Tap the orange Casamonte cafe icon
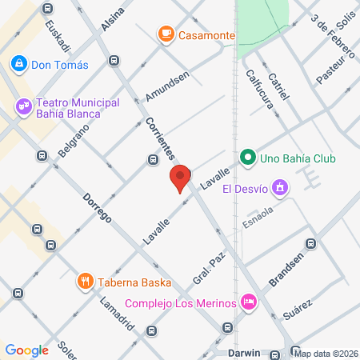coord(166,34)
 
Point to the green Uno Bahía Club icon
coord(247,158)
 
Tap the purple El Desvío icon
coord(279,189)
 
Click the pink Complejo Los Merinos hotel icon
coord(249,302)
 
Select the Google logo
coord(26,350)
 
